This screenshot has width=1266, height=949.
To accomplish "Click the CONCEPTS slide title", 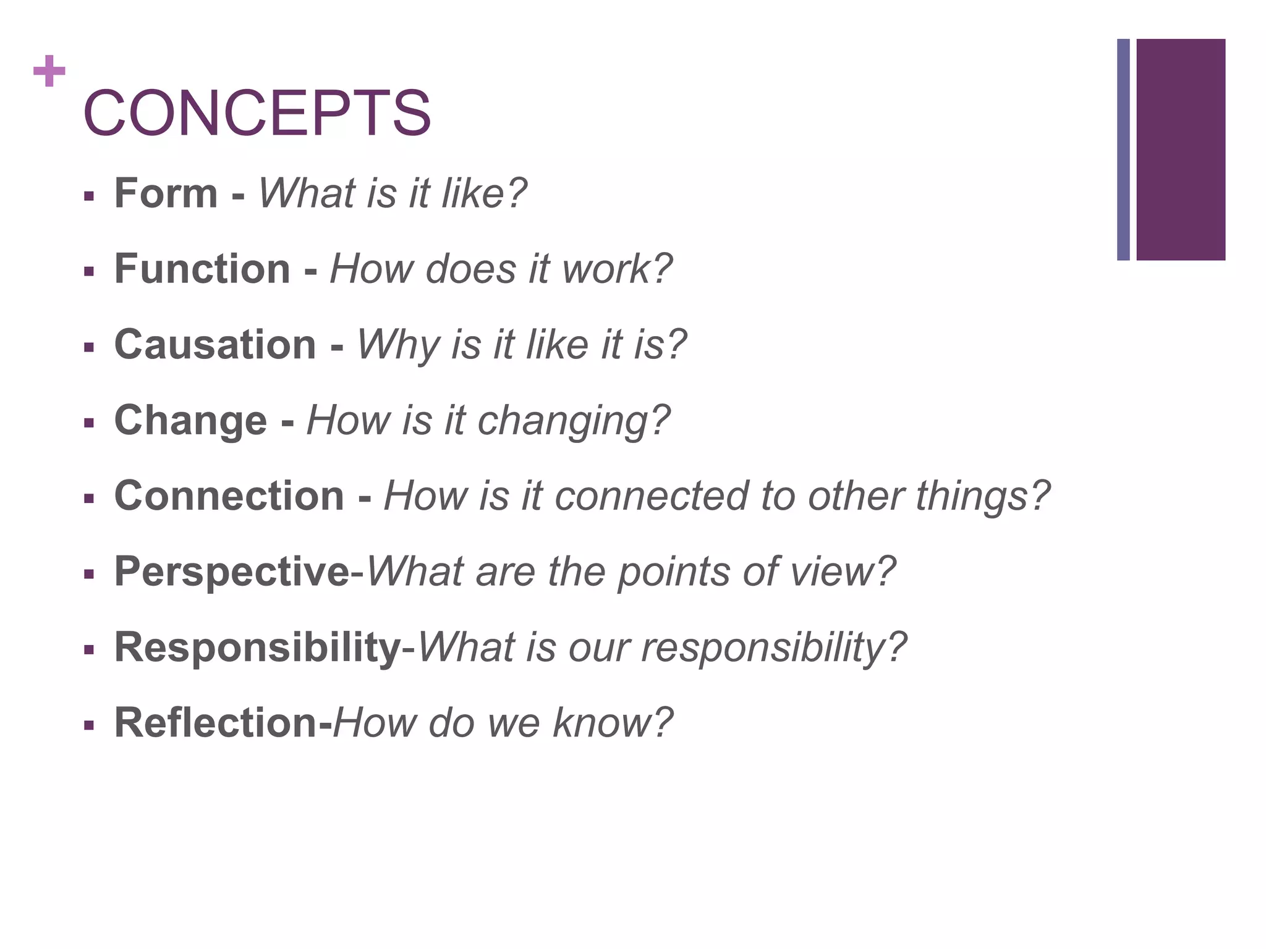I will click(x=257, y=113).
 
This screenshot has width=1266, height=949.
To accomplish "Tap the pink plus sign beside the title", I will click(x=49, y=71).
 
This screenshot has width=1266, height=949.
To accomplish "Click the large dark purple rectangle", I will click(x=1180, y=150).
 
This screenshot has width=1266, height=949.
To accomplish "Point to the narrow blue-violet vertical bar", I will click(x=1123, y=150).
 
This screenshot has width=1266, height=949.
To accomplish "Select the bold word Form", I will click(x=166, y=193).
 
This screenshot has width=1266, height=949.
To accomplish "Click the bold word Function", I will click(x=202, y=269).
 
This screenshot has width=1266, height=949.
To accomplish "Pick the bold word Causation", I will click(x=215, y=345).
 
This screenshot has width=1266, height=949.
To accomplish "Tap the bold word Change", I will click(x=190, y=421).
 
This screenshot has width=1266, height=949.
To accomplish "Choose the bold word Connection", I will click(x=229, y=496).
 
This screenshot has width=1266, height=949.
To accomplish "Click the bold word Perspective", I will click(x=232, y=572).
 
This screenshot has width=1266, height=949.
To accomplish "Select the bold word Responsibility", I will click(x=258, y=647).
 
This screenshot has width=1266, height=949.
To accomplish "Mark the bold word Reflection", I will click(x=216, y=723).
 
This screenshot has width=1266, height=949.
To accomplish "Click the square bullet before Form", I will click(x=89, y=196).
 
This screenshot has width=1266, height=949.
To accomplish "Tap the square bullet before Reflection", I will click(x=89, y=725).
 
